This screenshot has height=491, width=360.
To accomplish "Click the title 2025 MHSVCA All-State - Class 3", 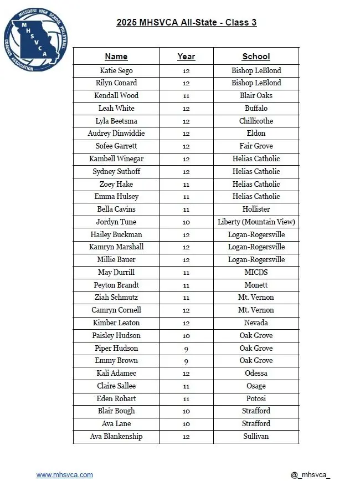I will tap(186, 23).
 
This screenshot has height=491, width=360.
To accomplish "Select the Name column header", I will tap(116, 57).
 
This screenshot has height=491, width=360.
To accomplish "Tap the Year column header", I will tap(186, 57).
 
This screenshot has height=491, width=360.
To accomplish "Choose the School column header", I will tap(256, 57).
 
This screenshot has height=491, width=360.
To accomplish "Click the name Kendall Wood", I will tap(116, 95).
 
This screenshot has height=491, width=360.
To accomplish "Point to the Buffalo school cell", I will tap(256, 108).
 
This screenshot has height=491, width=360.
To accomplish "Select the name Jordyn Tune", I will tap(116, 222).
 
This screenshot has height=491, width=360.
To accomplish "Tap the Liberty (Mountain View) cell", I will tap(256, 222).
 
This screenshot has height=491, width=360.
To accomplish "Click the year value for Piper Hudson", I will tap(186, 348).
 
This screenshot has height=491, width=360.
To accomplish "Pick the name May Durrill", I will tap(116, 272).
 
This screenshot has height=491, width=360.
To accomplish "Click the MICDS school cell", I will tap(256, 272).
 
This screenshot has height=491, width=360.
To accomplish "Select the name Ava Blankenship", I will tap(116, 436).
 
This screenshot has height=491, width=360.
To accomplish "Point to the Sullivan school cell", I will tap(256, 436).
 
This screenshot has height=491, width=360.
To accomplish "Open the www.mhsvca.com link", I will tap(65, 475).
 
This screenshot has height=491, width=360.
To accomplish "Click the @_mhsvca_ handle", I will tap(310, 475).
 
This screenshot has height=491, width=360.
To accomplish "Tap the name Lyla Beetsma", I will tap(116, 121).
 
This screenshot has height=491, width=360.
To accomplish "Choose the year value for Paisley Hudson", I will tap(186, 335).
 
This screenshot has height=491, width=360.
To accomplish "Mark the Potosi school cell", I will tap(256, 398).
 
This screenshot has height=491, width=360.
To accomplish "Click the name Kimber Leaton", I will tap(116, 323).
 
